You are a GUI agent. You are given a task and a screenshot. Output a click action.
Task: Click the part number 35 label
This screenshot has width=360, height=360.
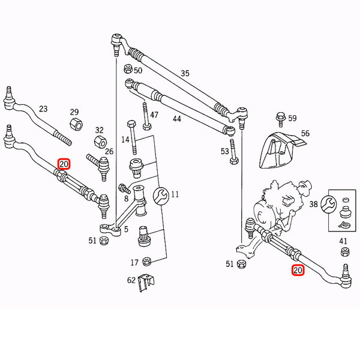185,74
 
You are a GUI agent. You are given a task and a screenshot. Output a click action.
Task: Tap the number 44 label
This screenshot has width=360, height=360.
176,119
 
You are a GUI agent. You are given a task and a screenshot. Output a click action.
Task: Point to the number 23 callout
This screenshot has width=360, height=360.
43,109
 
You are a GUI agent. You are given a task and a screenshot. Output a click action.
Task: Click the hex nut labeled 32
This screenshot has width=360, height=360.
100,143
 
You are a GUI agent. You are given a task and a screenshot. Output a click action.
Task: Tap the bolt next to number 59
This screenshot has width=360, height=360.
280,118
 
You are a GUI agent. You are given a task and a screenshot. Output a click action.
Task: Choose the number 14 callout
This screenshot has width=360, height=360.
125,140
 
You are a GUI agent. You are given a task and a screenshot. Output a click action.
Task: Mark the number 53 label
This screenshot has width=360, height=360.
224,151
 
